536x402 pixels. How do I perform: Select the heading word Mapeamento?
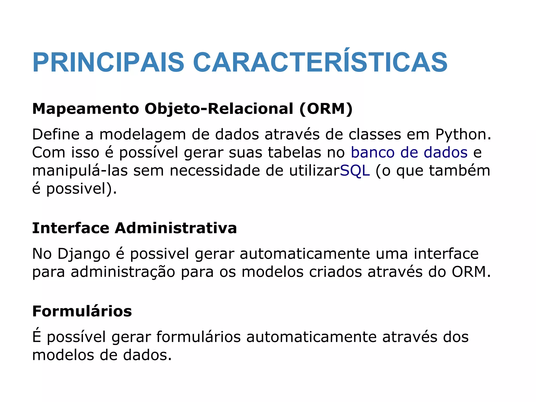(86, 109)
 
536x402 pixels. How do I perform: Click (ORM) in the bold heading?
(326, 109)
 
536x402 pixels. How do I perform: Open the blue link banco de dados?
(409, 153)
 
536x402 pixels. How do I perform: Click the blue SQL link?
(355, 171)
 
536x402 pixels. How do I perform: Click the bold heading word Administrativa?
(176, 228)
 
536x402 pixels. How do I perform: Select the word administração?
(123, 272)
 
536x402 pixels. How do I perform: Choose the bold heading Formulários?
(82, 311)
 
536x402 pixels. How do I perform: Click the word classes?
(375, 135)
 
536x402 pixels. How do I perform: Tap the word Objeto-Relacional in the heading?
(219, 109)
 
